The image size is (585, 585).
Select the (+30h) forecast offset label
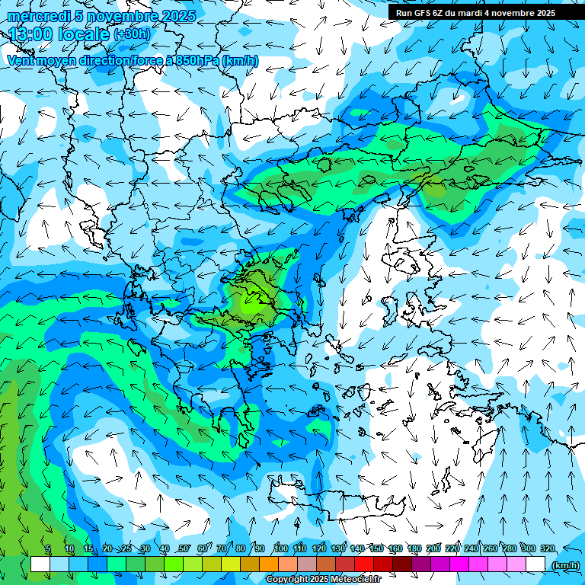pos(131,34)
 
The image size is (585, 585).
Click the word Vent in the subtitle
pos(21,60)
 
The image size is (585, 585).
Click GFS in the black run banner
pos(423,13)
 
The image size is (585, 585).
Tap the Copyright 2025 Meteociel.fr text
pos(334,580)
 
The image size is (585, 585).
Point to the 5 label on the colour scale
pos(48,548)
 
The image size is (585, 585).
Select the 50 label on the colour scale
pos(184,548)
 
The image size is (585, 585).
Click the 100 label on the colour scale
pos(280,548)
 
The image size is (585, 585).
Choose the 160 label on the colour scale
pos(395,548)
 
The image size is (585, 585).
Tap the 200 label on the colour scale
pos(433,548)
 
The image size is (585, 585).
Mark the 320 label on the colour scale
pos(548,548)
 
